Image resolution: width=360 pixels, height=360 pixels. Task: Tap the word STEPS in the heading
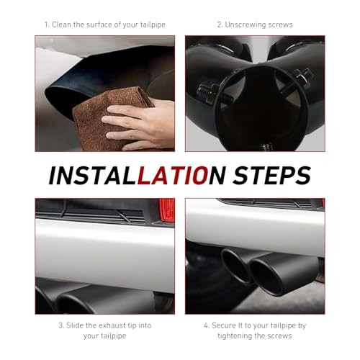[272, 175]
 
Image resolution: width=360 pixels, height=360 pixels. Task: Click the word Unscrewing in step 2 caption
[245, 24]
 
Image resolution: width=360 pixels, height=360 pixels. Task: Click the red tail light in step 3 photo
[167, 210]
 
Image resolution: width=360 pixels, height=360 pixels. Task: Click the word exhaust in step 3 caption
[111, 325]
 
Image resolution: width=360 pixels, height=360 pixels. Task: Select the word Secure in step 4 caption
[224, 325]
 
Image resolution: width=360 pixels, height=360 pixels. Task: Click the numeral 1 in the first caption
[46, 24]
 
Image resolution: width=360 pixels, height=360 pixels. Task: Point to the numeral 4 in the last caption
[206, 325]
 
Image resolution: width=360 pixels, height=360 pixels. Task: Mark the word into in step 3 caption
[145, 325]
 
